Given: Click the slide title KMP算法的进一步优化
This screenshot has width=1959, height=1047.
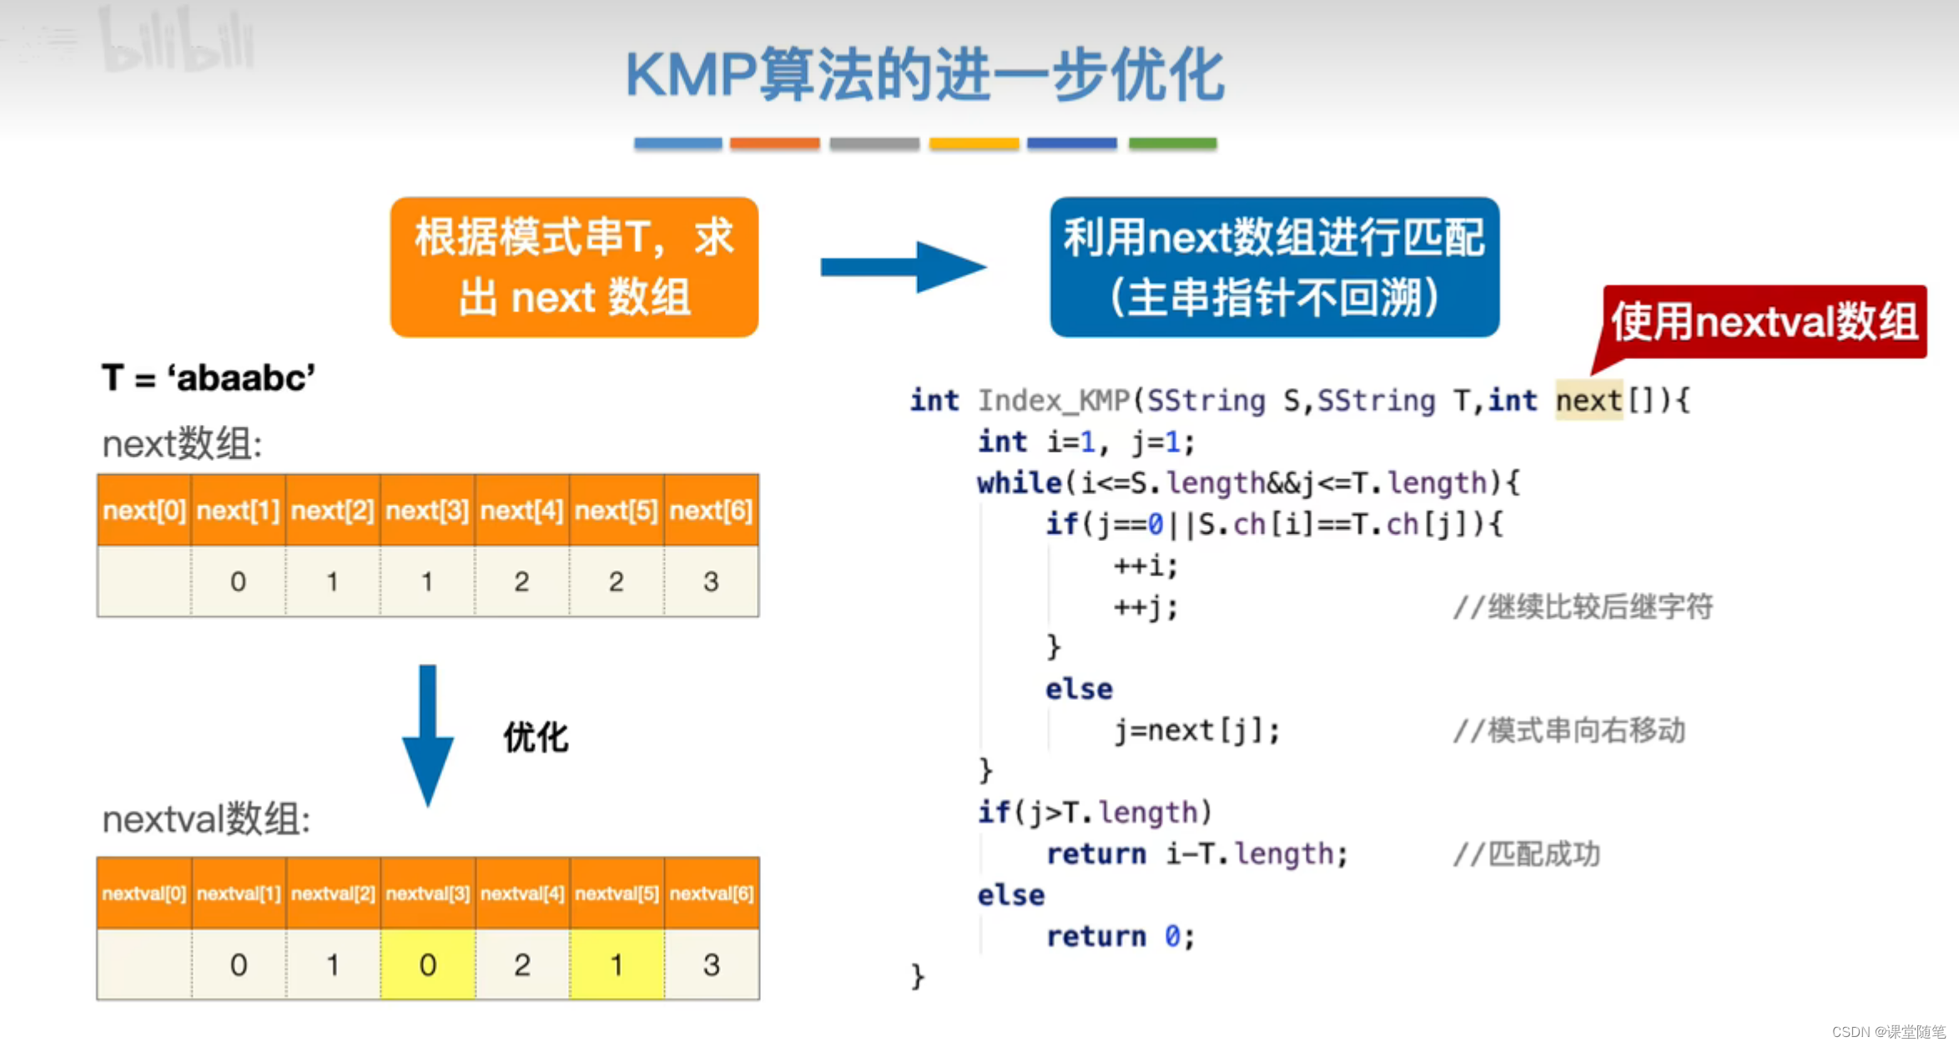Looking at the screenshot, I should [x=924, y=75].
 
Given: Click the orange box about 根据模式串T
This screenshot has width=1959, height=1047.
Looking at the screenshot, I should [x=574, y=267].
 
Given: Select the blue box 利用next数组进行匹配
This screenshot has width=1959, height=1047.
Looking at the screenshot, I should [x=1274, y=267].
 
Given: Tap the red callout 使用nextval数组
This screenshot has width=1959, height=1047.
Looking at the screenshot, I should [x=1764, y=322].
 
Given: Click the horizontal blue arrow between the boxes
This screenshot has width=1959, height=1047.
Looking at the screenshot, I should [x=902, y=267].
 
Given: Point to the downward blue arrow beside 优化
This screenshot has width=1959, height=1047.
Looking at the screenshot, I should [x=427, y=735].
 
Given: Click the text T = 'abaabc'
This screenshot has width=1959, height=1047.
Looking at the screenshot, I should [x=209, y=378].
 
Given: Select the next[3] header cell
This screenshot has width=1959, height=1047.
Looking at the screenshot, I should [x=427, y=510].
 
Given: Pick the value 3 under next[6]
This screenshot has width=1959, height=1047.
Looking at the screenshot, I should [x=711, y=582].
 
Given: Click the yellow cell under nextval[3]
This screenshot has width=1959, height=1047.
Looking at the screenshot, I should [x=427, y=964].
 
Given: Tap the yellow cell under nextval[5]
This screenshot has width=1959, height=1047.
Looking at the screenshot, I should [x=617, y=964].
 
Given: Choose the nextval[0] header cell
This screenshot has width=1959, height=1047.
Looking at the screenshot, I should [x=144, y=893].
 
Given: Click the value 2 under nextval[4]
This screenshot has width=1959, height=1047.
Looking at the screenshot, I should [x=522, y=964].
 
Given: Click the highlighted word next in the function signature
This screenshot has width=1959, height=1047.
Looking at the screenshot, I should [x=1589, y=401].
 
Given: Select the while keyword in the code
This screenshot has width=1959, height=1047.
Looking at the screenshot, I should [x=1019, y=483].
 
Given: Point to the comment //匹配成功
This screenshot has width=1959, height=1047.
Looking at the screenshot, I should [x=1527, y=854].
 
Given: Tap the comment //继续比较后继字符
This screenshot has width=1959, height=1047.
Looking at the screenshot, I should [x=1583, y=607].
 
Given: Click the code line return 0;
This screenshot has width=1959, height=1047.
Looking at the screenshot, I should [x=1121, y=937].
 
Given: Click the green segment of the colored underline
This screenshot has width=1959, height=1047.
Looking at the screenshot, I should [x=1172, y=144].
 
